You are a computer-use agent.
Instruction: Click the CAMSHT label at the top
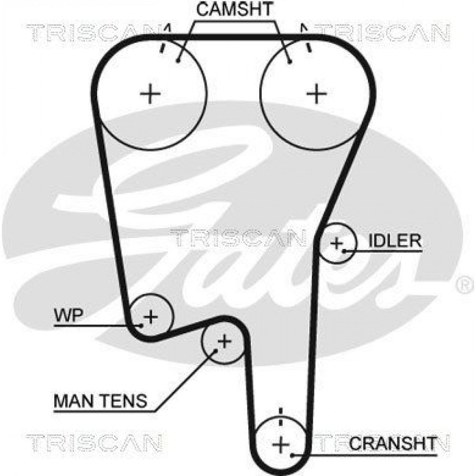click(235, 9)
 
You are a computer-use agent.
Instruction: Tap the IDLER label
click(395, 241)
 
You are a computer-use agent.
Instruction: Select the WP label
click(68, 316)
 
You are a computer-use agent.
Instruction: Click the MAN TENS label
click(100, 401)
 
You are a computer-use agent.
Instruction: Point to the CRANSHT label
click(393, 444)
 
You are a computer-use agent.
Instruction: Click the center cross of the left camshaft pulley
click(150, 93)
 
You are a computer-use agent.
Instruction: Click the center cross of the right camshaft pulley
click(317, 93)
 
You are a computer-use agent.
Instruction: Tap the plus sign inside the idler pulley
click(337, 243)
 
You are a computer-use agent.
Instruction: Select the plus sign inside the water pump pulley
click(150, 317)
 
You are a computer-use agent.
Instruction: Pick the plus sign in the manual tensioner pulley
click(225, 342)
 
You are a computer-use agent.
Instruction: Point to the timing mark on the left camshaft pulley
click(162, 48)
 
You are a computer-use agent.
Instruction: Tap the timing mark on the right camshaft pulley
click(308, 47)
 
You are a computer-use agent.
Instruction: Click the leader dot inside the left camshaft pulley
click(178, 61)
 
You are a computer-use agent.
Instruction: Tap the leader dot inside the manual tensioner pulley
click(216, 351)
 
